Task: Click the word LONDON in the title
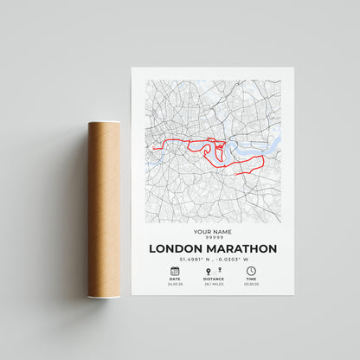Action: [x=175, y=248]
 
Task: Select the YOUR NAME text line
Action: [x=213, y=232]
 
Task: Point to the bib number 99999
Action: [x=213, y=238]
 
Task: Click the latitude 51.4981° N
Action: [x=193, y=259]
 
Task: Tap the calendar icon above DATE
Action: [x=175, y=271]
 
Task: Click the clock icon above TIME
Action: [x=251, y=271]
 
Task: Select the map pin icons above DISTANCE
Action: [x=213, y=271]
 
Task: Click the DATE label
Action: [x=175, y=280]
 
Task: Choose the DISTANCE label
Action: [x=213, y=280]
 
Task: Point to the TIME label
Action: [x=251, y=280]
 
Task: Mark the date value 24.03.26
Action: [x=175, y=285]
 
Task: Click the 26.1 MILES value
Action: [x=213, y=285]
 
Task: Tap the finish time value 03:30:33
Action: [x=251, y=285]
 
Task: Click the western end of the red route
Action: [x=154, y=149]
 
